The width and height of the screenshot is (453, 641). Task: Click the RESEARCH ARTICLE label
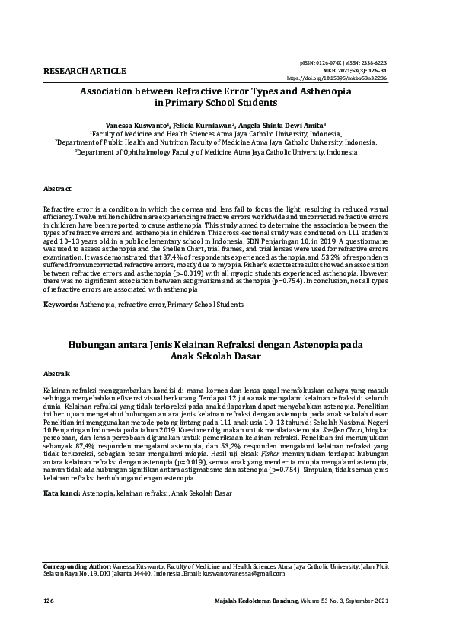[85, 71]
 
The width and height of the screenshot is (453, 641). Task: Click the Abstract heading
[57, 188]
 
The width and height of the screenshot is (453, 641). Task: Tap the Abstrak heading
[56, 373]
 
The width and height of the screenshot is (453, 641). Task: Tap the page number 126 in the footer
[49, 601]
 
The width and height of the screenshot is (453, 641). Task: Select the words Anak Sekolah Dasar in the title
[226, 356]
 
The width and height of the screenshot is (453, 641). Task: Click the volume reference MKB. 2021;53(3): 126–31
[362, 69]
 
